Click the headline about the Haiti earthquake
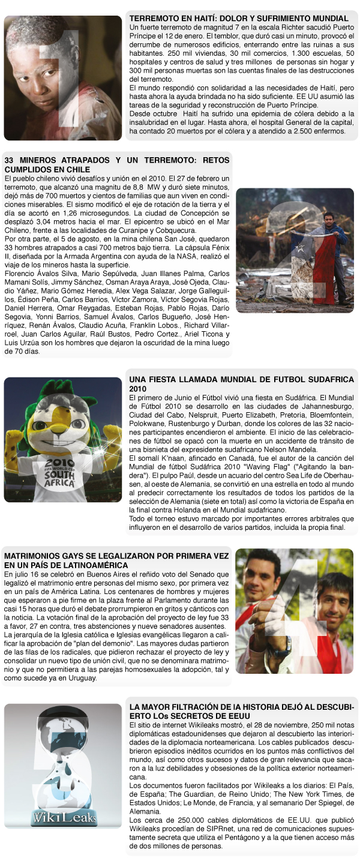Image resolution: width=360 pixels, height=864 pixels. [x=239, y=19]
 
